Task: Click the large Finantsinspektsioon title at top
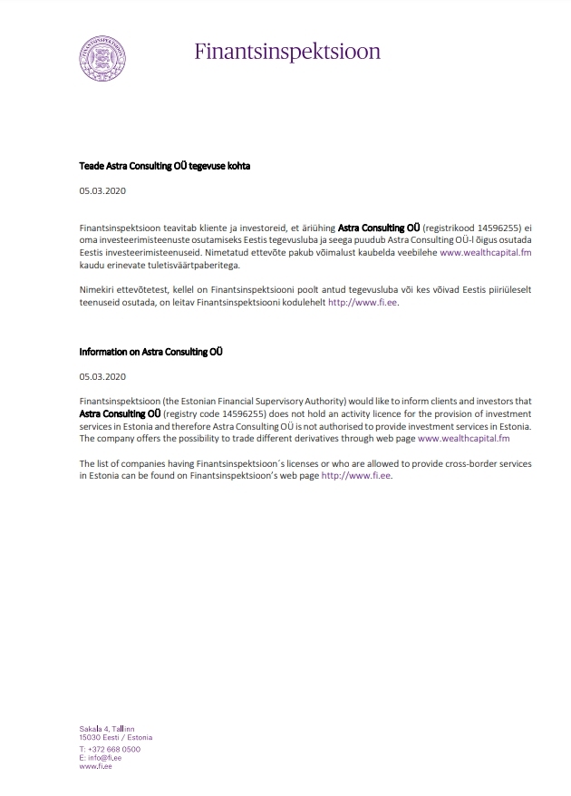pyautogui.click(x=287, y=51)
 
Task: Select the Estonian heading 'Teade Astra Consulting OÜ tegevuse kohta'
pyautogui.click(x=164, y=167)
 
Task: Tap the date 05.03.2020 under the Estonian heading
pyautogui.click(x=102, y=192)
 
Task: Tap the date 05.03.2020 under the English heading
pyautogui.click(x=102, y=375)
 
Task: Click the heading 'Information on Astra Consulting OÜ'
pyautogui.click(x=151, y=351)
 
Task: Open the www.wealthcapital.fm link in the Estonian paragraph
pyautogui.click(x=485, y=253)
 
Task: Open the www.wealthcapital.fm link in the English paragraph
pyautogui.click(x=463, y=438)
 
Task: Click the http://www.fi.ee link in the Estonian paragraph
pyautogui.click(x=363, y=302)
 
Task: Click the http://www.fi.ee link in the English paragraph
pyautogui.click(x=356, y=475)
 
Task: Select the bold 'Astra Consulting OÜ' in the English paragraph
pyautogui.click(x=113, y=413)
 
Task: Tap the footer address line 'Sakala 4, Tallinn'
pyautogui.click(x=107, y=729)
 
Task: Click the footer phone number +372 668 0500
pyautogui.click(x=113, y=750)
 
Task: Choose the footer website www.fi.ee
pyautogui.click(x=95, y=766)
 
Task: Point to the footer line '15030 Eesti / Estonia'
pyautogui.click(x=115, y=737)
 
